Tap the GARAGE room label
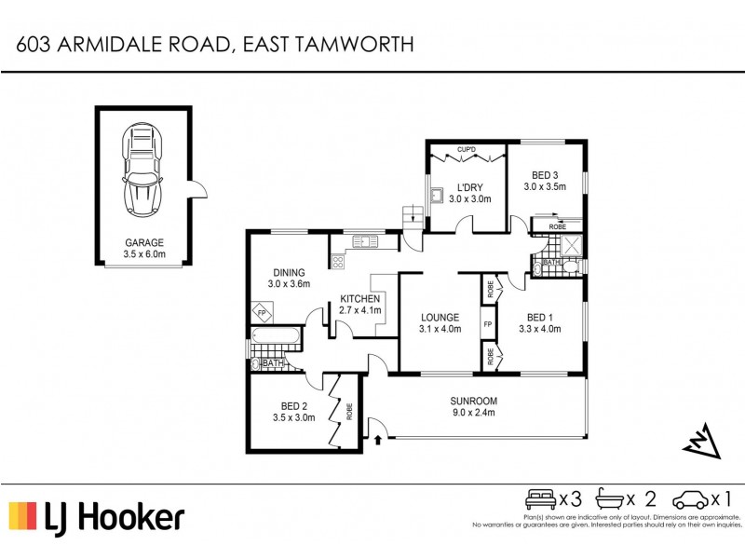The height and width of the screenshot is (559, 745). point(143,241)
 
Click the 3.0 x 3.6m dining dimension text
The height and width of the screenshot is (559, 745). point(288,284)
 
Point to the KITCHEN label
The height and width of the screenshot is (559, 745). point(359,298)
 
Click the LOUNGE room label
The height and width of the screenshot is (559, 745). point(440,317)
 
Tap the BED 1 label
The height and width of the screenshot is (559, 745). point(540,317)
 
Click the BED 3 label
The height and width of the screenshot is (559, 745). point(545,175)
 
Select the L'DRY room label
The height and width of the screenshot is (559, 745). point(469,186)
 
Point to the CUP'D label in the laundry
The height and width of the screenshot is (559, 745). point(467,149)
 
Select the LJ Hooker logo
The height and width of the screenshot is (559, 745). point(97,517)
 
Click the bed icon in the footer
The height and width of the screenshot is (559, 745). point(541,498)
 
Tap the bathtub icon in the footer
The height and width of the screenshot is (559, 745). point(613,498)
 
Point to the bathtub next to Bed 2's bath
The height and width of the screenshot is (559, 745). point(277,336)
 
